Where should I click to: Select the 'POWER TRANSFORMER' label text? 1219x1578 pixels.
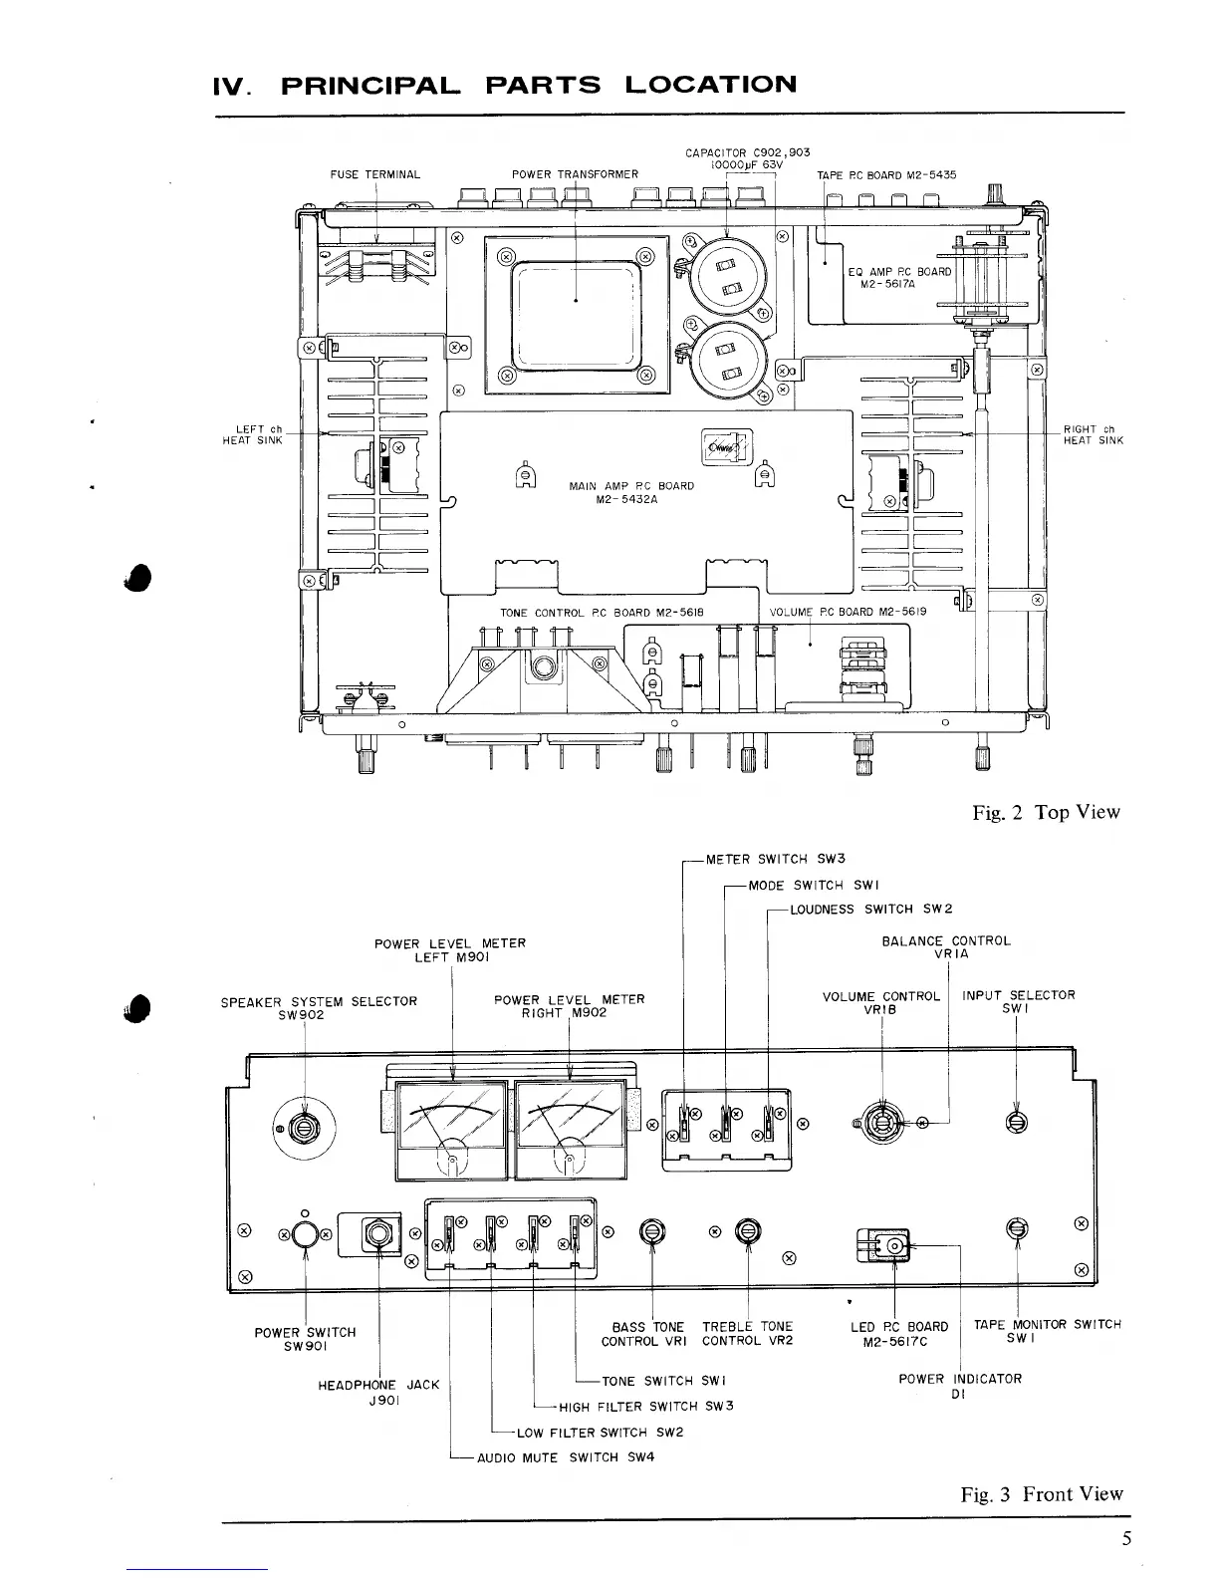click(575, 174)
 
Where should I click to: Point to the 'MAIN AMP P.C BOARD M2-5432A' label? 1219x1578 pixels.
click(630, 493)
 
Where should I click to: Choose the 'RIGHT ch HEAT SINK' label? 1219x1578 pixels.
click(1093, 435)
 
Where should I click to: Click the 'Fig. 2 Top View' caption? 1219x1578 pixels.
click(1046, 812)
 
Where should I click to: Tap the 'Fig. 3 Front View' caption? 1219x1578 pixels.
click(1042, 1493)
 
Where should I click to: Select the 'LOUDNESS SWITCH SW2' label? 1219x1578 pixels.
click(871, 909)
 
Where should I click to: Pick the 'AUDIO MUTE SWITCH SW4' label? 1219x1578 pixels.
click(566, 1457)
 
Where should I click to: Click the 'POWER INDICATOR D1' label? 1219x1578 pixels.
click(959, 1386)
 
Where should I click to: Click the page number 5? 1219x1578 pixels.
click(1126, 1539)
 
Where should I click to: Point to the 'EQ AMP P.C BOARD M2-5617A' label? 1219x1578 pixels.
click(899, 277)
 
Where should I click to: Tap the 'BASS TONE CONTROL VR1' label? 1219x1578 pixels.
click(648, 1333)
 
